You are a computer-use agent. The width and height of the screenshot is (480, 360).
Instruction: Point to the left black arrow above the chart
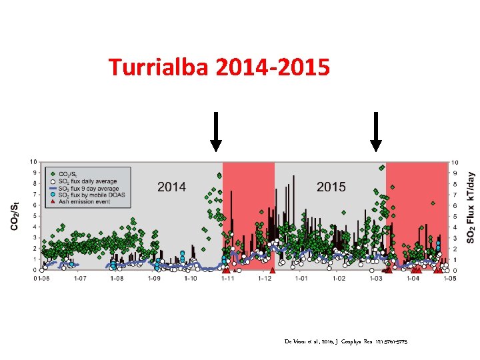point(216,132)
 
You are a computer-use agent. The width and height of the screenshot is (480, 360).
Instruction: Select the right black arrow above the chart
point(376,132)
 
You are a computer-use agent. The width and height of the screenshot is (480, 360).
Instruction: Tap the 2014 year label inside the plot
point(171,187)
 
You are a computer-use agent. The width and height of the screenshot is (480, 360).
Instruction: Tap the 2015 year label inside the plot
point(331,187)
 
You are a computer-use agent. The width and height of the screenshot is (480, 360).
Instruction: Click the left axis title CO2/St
point(15,215)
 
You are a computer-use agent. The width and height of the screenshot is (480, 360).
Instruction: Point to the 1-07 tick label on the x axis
point(79,279)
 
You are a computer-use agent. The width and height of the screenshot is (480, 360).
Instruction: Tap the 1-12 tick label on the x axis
point(265,279)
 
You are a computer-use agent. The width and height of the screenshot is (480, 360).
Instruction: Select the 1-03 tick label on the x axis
point(375,279)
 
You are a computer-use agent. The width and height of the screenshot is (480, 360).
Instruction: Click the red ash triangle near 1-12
point(273,270)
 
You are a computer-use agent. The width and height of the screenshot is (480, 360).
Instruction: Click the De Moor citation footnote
point(345,341)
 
